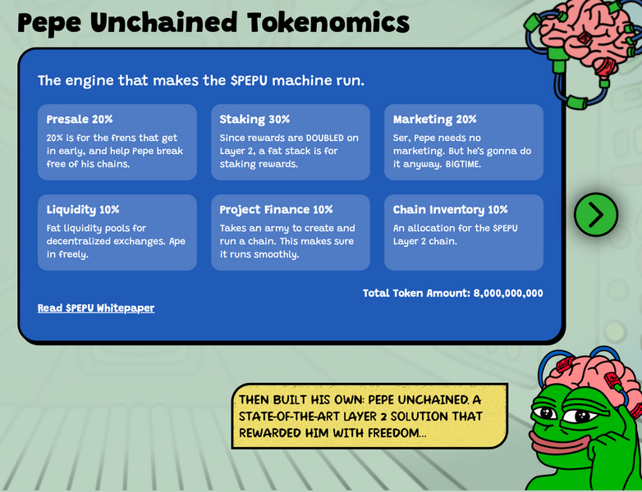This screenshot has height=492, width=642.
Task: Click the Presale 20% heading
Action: point(80,120)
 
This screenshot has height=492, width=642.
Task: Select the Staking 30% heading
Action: point(255,120)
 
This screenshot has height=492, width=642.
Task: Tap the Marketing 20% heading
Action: point(434,120)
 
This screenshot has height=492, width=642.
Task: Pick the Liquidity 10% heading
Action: point(83,210)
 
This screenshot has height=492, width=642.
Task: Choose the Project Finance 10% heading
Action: point(276,210)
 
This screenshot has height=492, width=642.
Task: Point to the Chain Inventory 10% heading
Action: point(450,210)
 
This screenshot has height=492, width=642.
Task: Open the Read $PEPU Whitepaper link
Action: point(96,308)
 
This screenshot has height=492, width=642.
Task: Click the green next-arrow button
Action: point(596,215)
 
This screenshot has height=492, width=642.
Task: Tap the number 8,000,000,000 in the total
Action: point(508,294)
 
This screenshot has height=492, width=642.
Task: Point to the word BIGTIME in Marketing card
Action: point(463,164)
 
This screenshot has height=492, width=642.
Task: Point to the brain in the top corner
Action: point(585,33)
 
